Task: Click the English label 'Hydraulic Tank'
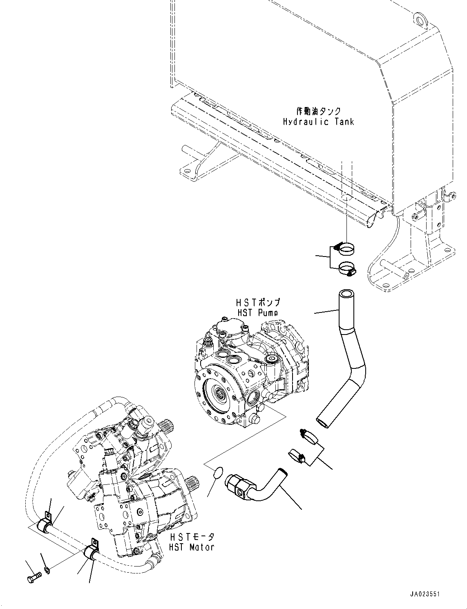(318, 122)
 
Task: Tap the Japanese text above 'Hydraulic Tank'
(318, 111)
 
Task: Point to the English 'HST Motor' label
(192, 547)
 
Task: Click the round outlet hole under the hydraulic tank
(346, 197)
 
